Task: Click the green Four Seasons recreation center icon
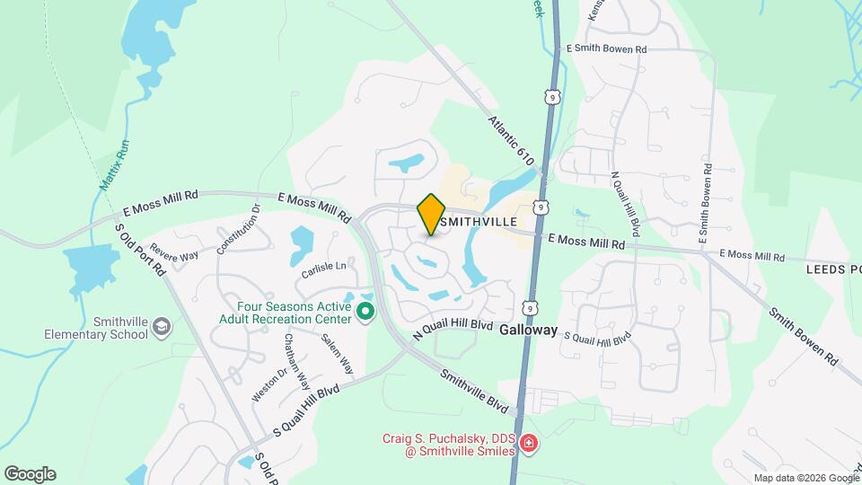365,312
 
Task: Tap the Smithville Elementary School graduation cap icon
161,324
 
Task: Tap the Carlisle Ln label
323,267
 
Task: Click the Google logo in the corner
30,474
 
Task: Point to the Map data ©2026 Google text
805,478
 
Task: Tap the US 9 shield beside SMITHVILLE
540,207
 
